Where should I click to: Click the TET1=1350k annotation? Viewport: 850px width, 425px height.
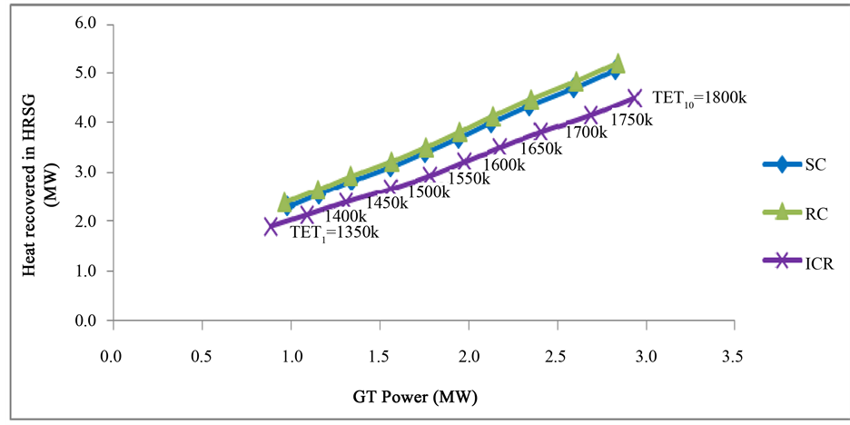click(x=334, y=232)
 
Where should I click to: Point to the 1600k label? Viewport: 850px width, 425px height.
click(x=504, y=165)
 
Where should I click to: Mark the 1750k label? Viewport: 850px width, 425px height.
click(x=630, y=120)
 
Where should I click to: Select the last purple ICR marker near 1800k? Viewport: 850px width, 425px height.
click(x=634, y=97)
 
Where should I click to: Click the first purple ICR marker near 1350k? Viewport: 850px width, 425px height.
click(x=271, y=226)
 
